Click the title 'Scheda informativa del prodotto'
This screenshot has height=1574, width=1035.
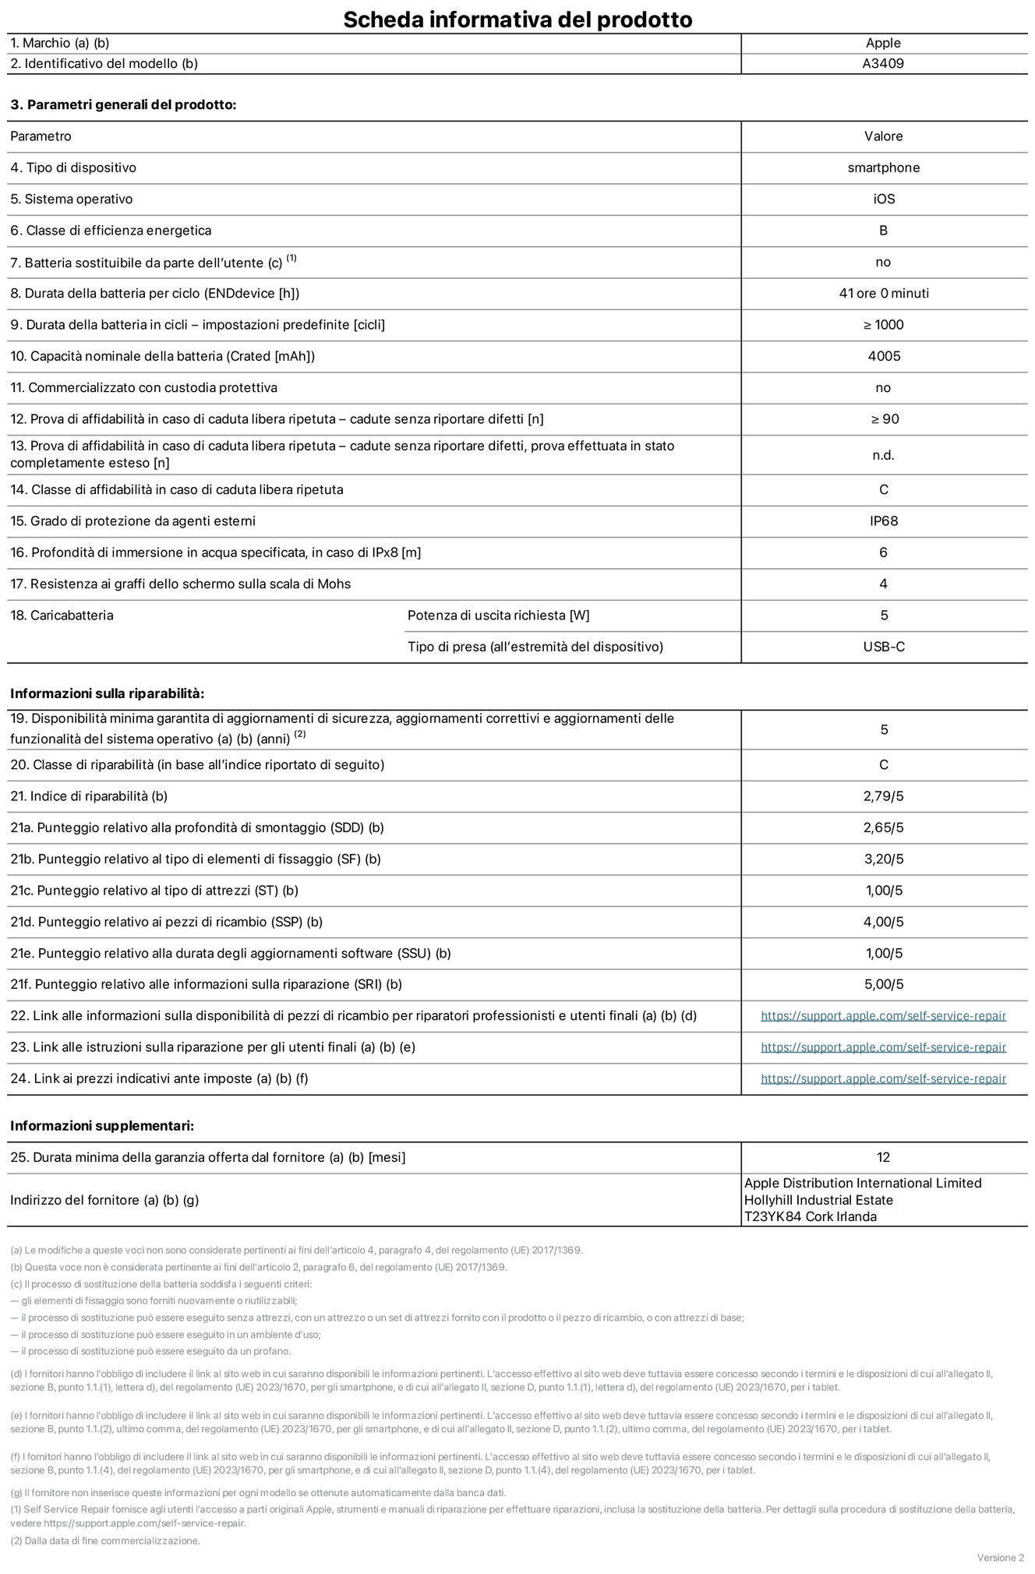(x=517, y=19)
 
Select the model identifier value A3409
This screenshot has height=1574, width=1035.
(x=883, y=64)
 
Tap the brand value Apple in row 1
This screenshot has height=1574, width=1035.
(x=883, y=44)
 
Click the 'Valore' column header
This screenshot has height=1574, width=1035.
(x=883, y=136)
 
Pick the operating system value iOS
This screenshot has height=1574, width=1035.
(x=883, y=199)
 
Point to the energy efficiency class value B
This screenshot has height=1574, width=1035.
(x=883, y=231)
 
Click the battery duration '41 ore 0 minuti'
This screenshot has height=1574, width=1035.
(x=883, y=294)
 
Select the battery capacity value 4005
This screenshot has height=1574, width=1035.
(x=883, y=356)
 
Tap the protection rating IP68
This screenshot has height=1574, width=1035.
(x=883, y=521)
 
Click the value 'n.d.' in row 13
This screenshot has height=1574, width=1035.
(x=883, y=455)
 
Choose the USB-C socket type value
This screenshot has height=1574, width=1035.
(x=883, y=647)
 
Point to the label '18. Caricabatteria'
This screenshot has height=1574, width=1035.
(x=62, y=616)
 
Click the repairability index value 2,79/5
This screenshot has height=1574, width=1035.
(x=883, y=796)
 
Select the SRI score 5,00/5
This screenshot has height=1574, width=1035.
(x=883, y=985)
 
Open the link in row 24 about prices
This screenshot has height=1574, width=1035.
(x=883, y=1079)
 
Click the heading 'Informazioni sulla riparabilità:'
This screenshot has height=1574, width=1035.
(x=107, y=693)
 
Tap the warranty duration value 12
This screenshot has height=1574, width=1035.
(x=883, y=1158)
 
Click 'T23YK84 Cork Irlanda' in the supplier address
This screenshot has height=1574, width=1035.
(x=810, y=1217)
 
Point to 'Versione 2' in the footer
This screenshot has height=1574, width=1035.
(x=1000, y=1558)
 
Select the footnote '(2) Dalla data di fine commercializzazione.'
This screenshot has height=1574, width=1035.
(x=105, y=1540)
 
